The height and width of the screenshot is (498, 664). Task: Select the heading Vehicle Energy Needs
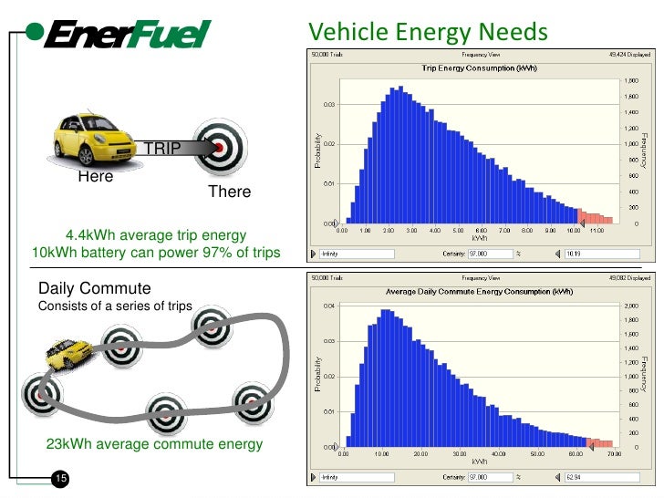point(428,34)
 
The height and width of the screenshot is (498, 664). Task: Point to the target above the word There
point(220,146)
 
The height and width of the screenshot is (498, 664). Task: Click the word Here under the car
point(95,177)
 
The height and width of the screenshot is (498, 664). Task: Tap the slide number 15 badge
point(62,480)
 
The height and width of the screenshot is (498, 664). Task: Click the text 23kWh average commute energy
point(154,444)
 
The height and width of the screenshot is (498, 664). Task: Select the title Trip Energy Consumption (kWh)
point(478,68)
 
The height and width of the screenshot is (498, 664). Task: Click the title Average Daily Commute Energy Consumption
point(478,292)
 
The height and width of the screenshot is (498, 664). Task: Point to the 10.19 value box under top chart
point(587,254)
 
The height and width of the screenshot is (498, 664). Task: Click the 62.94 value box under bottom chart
point(587,477)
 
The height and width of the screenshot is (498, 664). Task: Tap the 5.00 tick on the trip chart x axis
point(457,231)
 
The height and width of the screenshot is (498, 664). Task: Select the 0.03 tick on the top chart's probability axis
point(327,105)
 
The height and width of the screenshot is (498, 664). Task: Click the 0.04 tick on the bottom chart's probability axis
point(327,306)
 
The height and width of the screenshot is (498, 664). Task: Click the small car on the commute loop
point(69,351)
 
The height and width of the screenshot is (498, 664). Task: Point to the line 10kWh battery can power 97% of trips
point(155,253)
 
